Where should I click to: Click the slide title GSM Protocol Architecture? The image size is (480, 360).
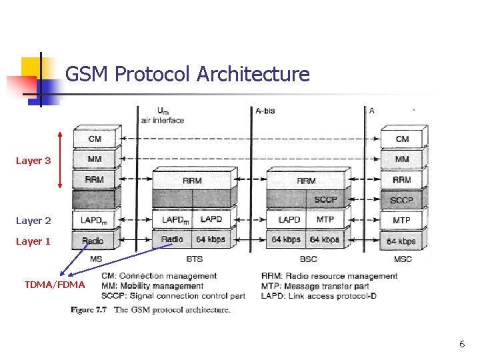[187, 74]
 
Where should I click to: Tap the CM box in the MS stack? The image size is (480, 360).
[95, 139]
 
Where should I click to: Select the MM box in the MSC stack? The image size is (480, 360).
[402, 159]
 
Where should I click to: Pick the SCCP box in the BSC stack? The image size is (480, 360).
[325, 199]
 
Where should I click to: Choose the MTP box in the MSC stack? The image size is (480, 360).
[402, 220]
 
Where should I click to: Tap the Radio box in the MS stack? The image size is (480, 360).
[93, 241]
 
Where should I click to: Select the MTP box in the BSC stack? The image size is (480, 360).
[325, 219]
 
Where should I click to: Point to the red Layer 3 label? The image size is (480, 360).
[33, 161]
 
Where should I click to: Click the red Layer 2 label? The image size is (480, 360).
[33, 221]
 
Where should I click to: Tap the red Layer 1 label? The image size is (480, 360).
[33, 241]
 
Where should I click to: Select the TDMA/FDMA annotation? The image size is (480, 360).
[55, 285]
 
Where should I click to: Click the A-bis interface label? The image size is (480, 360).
[265, 111]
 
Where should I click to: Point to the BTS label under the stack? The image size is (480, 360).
[195, 259]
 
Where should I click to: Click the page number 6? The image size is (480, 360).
[461, 344]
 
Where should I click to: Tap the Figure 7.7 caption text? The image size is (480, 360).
[151, 309]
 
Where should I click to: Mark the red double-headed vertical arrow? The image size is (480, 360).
[61, 159]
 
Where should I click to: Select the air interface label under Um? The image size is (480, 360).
[162, 120]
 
